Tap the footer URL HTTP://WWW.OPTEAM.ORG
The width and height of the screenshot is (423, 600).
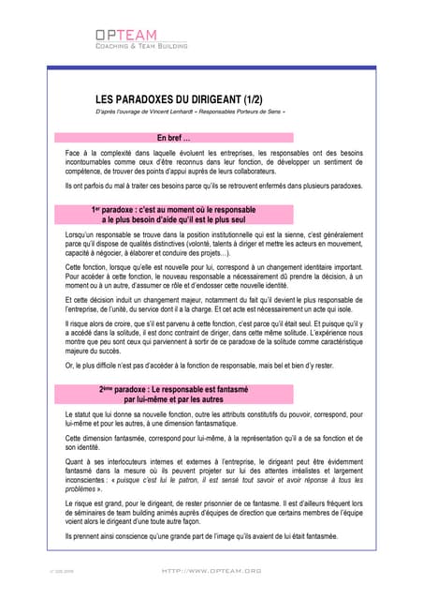pyautogui.click(x=211, y=569)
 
